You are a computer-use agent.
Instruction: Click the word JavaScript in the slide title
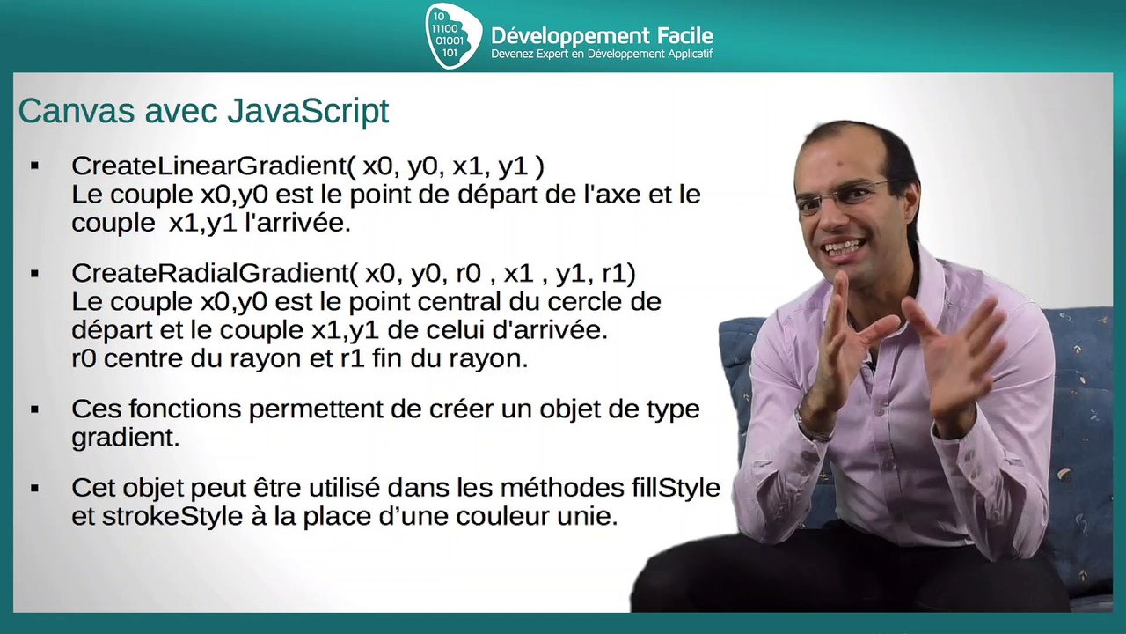pyautogui.click(x=308, y=112)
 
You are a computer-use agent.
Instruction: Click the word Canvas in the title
pyautogui.click(x=75, y=112)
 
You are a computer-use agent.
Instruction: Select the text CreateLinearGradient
pyautogui.click(x=210, y=166)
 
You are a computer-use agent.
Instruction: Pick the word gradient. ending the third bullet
pyautogui.click(x=125, y=438)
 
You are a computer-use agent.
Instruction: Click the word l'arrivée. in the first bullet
pyautogui.click(x=302, y=223)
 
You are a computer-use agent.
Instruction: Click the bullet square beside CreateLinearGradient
pyautogui.click(x=35, y=166)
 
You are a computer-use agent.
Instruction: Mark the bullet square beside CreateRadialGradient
pyautogui.click(x=35, y=274)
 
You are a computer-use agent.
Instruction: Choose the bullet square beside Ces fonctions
pyautogui.click(x=35, y=409)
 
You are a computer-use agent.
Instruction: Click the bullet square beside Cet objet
pyautogui.click(x=35, y=487)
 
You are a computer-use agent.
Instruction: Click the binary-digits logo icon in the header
pyautogui.click(x=453, y=35)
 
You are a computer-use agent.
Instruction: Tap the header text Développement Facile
pyautogui.click(x=602, y=36)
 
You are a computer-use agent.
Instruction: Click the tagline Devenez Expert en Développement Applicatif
pyautogui.click(x=602, y=55)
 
